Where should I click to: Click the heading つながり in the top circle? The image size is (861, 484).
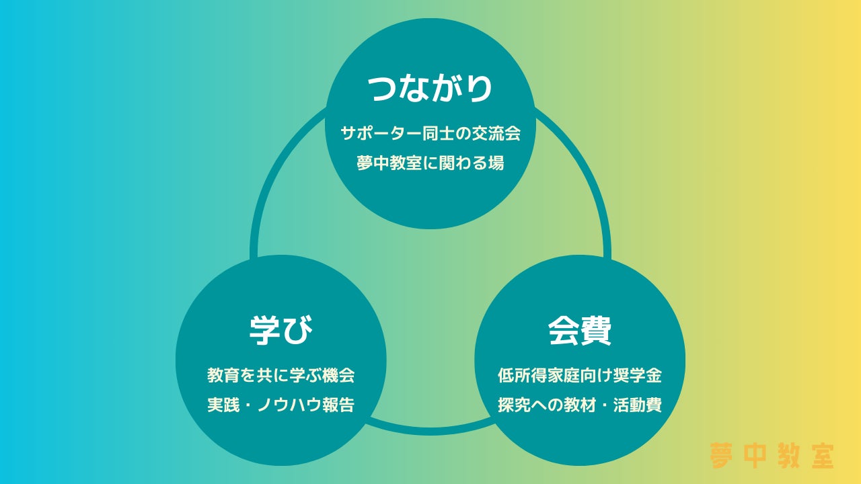tap(430, 89)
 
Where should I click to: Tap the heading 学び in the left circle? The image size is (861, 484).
tap(281, 329)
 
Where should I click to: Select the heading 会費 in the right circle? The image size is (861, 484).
tap(579, 329)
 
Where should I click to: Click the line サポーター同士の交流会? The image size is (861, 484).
tap(430, 133)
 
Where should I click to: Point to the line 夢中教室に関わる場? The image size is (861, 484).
tap(430, 163)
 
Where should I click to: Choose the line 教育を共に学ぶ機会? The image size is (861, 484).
tap(281, 375)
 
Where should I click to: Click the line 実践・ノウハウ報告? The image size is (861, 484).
tap(281, 405)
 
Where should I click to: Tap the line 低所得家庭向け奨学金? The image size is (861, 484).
tap(580, 375)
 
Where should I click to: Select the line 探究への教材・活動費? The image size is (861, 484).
tap(580, 405)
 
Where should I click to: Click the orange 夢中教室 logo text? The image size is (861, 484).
tap(772, 456)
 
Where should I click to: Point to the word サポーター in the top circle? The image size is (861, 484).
tap(381, 133)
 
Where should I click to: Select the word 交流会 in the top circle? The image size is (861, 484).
tap(497, 133)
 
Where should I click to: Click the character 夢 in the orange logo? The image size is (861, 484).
tap(721, 456)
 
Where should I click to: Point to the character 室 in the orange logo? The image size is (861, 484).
tap(822, 456)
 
